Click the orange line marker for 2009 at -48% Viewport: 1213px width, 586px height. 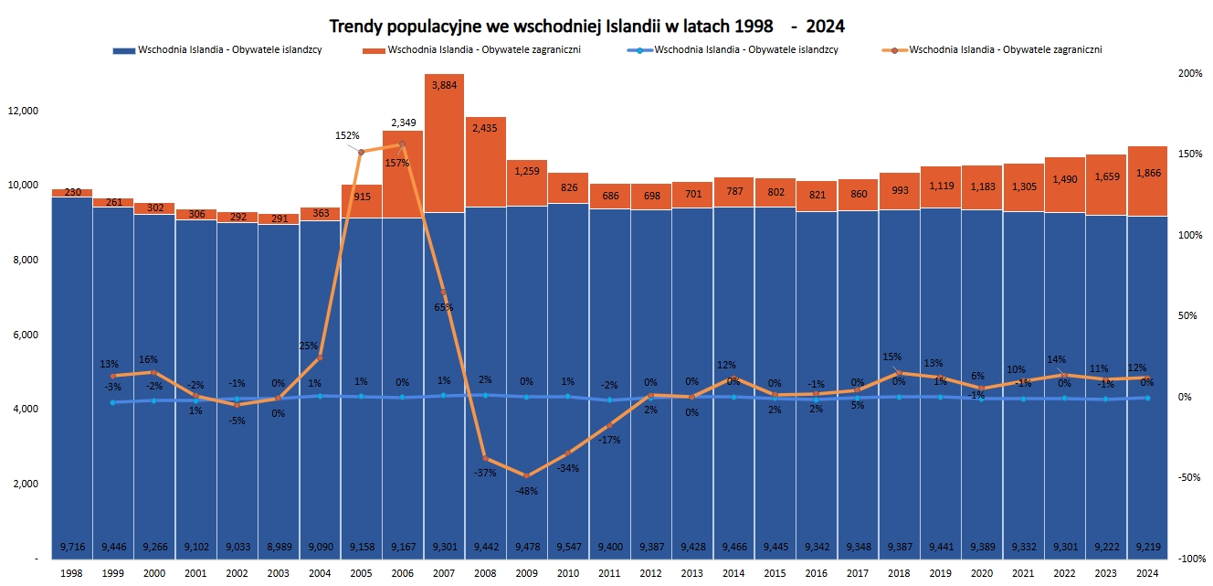point(526,476)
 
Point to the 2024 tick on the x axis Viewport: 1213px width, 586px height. point(1146,573)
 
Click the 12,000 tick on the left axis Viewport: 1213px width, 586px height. point(22,111)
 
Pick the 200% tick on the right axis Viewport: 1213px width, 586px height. point(1190,73)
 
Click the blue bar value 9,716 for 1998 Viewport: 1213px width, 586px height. point(72,547)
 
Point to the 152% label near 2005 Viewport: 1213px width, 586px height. point(348,135)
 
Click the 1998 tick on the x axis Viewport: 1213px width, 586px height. point(72,573)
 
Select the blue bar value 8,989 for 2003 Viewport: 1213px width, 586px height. point(279,547)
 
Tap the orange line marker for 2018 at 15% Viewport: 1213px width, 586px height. point(899,373)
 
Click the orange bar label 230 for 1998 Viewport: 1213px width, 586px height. point(72,193)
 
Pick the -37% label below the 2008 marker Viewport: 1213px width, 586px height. point(485,473)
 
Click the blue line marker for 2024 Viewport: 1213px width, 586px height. point(1146,398)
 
